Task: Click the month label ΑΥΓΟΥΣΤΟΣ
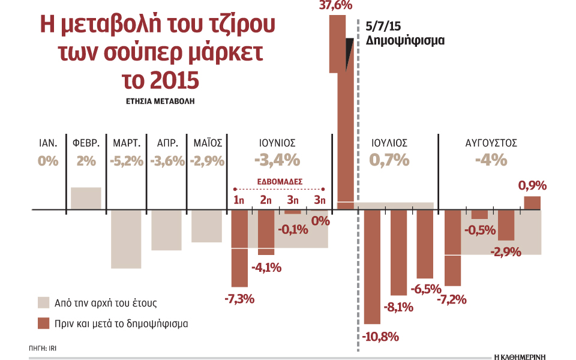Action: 491,143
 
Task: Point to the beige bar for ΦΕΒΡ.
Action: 86,199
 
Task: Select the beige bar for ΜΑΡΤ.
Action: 126,239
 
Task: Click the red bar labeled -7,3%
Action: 239,247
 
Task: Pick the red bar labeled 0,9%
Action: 532,203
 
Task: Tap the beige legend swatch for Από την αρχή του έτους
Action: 43,302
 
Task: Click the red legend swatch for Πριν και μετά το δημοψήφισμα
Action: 43,323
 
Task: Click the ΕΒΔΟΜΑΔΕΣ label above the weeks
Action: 280,180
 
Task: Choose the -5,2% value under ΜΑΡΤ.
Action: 127,161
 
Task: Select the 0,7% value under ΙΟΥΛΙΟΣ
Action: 389,160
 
